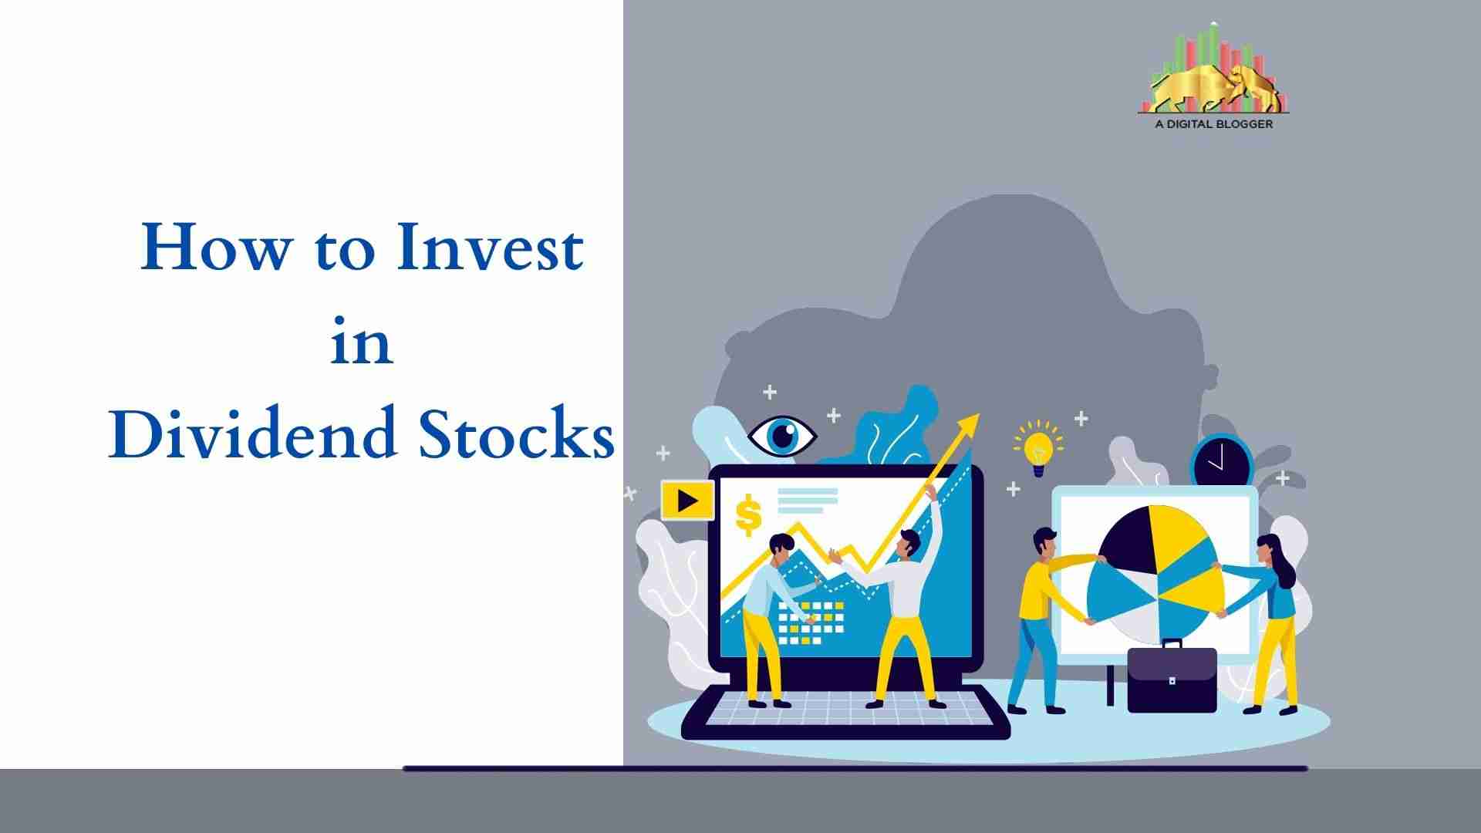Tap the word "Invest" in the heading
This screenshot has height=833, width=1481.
[490, 248]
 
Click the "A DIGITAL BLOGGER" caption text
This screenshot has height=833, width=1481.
[1214, 123]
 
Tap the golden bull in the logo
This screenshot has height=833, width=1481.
[1215, 89]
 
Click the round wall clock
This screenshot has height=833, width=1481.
[1222, 461]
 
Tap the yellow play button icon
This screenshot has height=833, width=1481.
[687, 501]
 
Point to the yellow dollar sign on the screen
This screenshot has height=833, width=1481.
[748, 516]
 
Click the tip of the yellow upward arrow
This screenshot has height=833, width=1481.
[979, 414]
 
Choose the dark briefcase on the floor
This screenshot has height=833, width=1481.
[1172, 676]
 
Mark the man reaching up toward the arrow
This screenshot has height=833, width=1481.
[902, 594]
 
